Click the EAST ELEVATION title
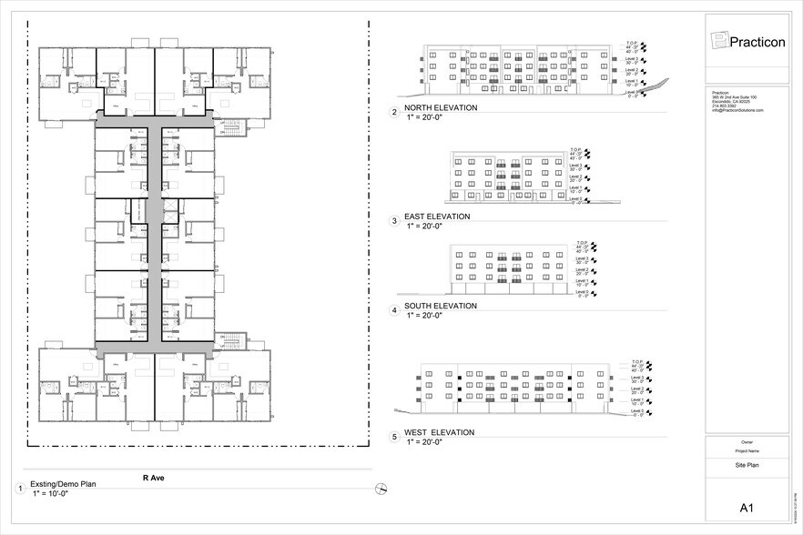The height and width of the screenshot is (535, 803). pyautogui.click(x=438, y=217)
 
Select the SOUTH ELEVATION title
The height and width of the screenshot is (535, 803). pyautogui.click(x=442, y=306)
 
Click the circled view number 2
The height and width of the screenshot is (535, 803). pyautogui.click(x=394, y=113)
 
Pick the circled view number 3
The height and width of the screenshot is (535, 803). pyautogui.click(x=394, y=221)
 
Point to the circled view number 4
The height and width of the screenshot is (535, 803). pyautogui.click(x=394, y=310)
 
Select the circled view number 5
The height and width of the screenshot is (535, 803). pyautogui.click(x=394, y=437)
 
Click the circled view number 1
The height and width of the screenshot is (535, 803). pyautogui.click(x=19, y=489)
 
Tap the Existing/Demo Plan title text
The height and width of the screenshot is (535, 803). pyautogui.click(x=63, y=484)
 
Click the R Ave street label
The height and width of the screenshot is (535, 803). pyautogui.click(x=153, y=476)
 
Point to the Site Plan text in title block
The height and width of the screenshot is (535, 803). pyautogui.click(x=747, y=465)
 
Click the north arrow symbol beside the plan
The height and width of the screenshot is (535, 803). pyautogui.click(x=381, y=489)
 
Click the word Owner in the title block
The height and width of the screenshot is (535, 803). pyautogui.click(x=747, y=442)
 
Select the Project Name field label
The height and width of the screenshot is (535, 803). pyautogui.click(x=747, y=449)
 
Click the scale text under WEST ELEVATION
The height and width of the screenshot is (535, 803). pyautogui.click(x=423, y=441)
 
